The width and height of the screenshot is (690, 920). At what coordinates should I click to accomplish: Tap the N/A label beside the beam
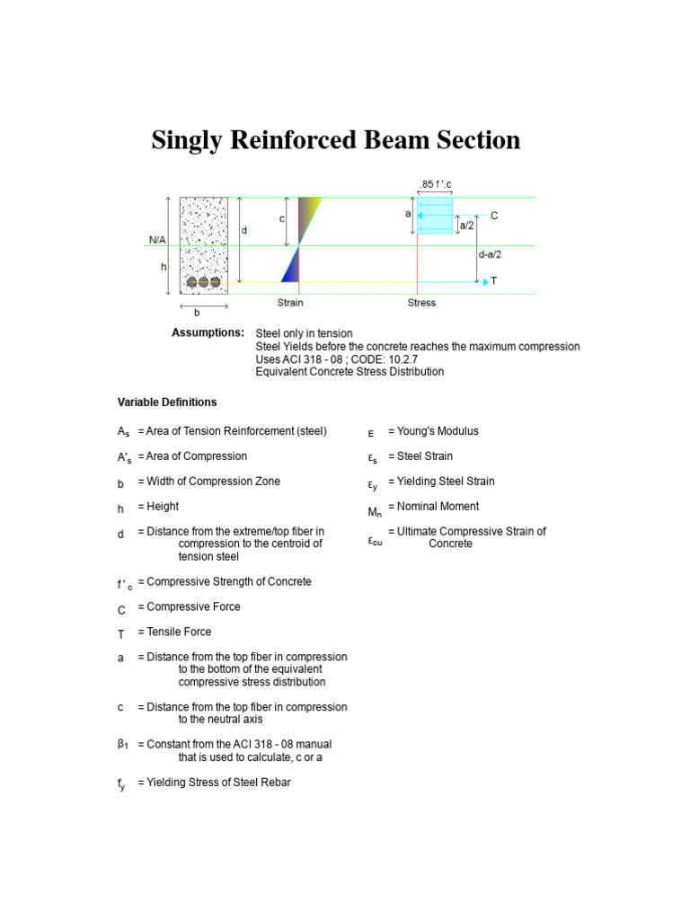click(x=157, y=240)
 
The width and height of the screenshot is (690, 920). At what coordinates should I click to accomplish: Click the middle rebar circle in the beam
click(x=204, y=282)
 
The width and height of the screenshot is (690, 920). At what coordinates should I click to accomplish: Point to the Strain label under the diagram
click(x=289, y=303)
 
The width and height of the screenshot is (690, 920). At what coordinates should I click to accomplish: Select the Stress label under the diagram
click(x=421, y=303)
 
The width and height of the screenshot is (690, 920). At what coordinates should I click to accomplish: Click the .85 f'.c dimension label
click(x=436, y=185)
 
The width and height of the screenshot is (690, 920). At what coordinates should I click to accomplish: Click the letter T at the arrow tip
click(x=494, y=281)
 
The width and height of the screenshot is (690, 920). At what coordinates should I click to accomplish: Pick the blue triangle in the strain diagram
click(x=290, y=267)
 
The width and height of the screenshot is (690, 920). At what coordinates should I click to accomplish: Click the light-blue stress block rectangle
click(x=436, y=217)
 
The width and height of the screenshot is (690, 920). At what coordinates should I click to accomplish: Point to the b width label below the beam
click(x=197, y=314)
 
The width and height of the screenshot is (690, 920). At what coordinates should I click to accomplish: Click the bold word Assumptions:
click(x=208, y=333)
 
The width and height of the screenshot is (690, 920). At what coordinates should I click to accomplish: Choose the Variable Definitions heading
click(x=167, y=402)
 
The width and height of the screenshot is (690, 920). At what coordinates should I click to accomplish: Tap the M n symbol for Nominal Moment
click(x=375, y=512)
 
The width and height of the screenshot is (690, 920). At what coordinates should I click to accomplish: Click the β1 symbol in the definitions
click(x=123, y=745)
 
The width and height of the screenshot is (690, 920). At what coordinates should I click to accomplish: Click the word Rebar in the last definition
click(x=275, y=783)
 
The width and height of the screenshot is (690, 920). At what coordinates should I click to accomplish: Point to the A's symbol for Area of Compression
click(x=124, y=458)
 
